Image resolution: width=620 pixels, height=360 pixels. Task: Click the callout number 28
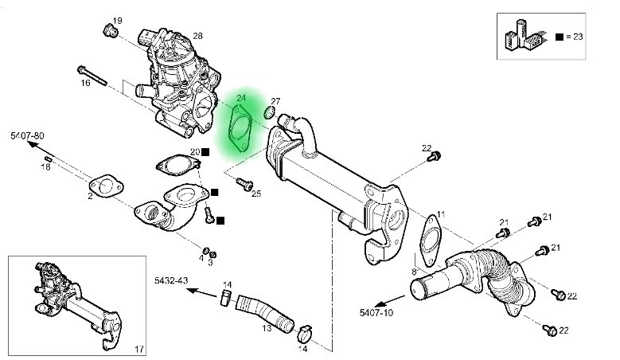[198, 36]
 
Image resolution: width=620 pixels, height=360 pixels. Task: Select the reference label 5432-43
[171, 282]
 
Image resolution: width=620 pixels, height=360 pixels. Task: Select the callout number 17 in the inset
[138, 348]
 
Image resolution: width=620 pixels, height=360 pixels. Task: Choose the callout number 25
[256, 194]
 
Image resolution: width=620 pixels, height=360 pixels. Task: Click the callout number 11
[441, 215]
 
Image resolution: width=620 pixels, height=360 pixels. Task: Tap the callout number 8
[414, 272]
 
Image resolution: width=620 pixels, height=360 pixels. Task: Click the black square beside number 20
[205, 151]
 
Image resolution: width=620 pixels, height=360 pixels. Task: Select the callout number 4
[201, 257]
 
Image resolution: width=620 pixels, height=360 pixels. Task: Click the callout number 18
[45, 166]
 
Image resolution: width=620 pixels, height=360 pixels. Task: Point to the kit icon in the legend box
[522, 35]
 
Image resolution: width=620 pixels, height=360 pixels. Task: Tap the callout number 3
[211, 261]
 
